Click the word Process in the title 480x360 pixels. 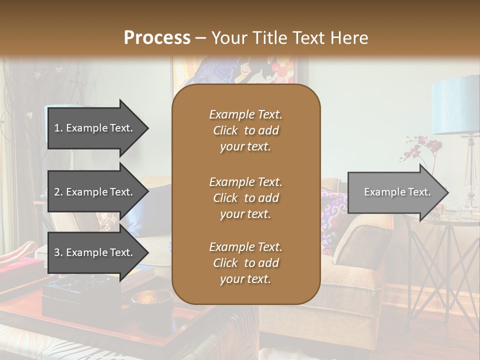pos(157,38)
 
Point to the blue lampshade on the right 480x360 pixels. pos(455,105)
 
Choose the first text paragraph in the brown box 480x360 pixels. pos(245,130)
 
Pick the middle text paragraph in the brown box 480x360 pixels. pos(245,198)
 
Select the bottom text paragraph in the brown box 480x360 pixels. pos(245,263)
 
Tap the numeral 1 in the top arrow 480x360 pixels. pos(57,128)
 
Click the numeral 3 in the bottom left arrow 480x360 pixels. pos(57,253)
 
